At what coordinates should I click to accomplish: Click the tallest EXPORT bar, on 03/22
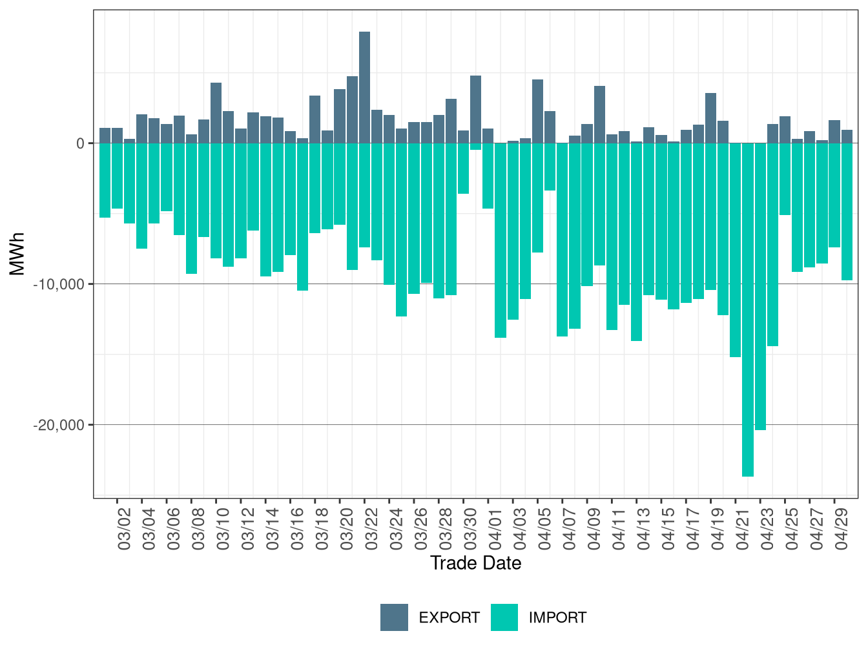364,87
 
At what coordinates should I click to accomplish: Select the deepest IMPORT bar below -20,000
747,309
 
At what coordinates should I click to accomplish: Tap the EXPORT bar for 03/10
216,113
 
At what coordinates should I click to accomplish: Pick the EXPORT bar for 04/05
537,112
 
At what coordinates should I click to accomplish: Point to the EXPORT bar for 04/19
710,118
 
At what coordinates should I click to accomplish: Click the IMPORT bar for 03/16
302,216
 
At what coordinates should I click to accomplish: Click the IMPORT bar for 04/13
636,242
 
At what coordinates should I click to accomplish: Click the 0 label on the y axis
81,143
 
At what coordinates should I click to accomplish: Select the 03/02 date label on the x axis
124,529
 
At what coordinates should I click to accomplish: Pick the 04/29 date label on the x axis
842,529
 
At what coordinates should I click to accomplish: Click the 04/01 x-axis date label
495,529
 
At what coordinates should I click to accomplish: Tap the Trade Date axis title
476,563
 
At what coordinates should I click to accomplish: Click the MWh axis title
17,254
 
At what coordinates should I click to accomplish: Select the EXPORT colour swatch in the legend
394,617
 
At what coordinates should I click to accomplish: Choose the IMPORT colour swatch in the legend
504,617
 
